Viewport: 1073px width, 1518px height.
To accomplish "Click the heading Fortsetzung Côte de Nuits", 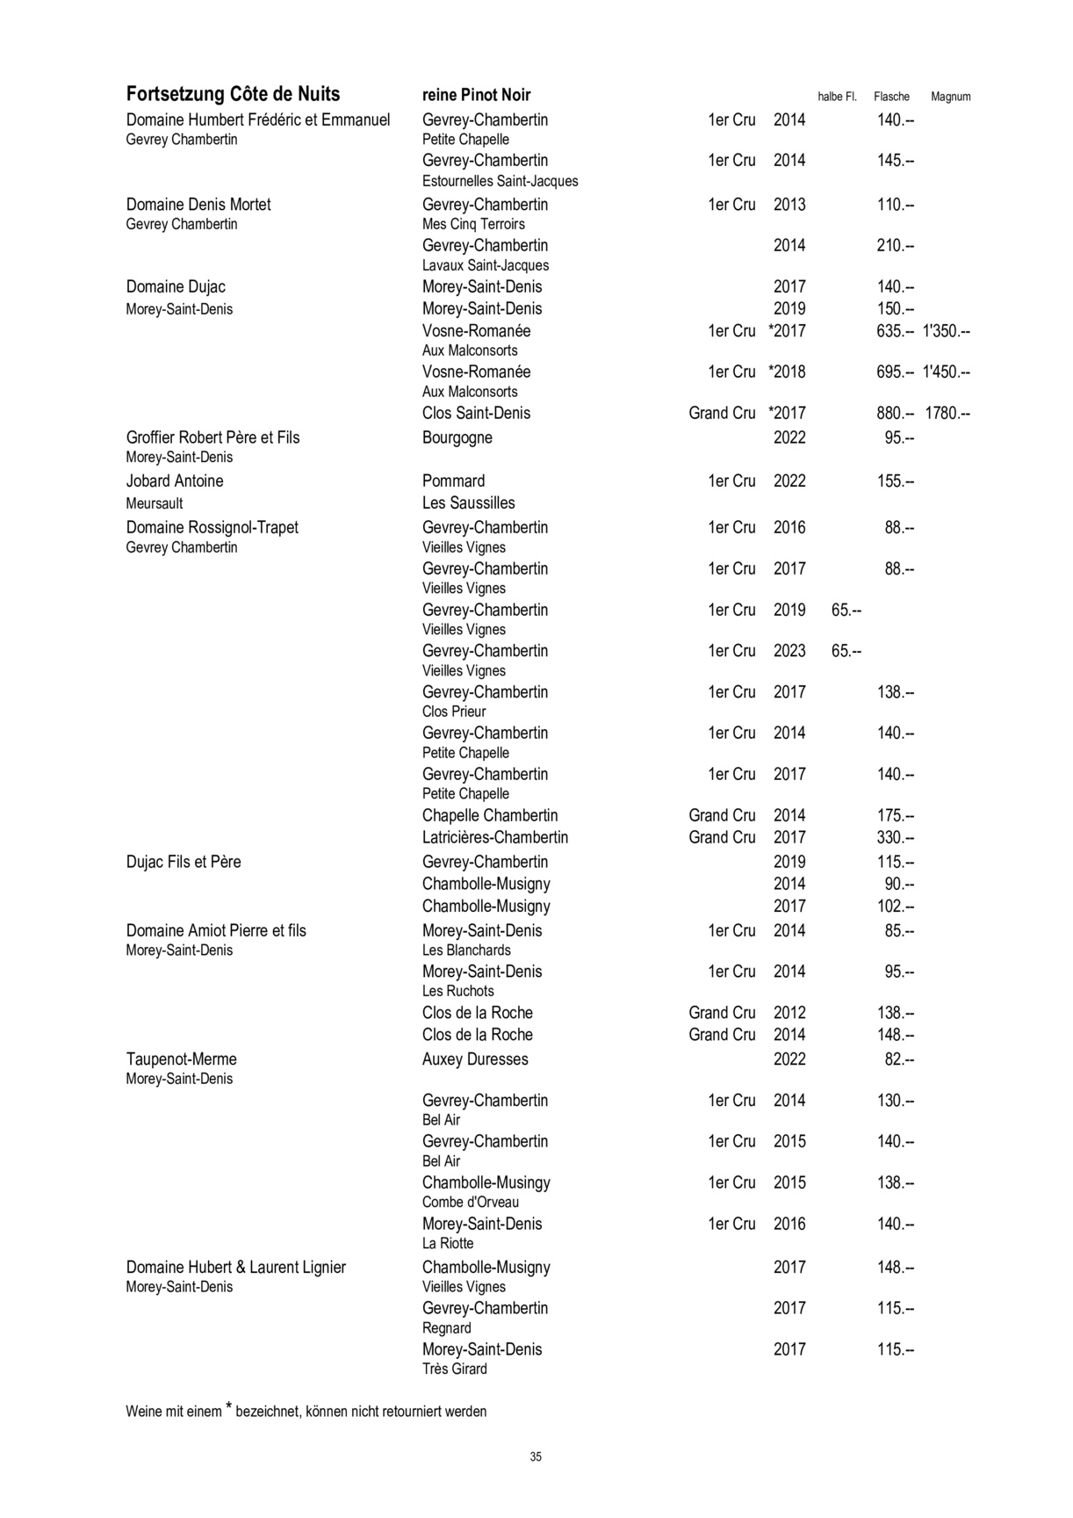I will [233, 95].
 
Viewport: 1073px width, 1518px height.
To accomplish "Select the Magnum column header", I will [950, 97].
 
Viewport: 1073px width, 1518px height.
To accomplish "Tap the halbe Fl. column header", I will [837, 97].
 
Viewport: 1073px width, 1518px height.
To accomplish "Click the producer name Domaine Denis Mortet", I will [198, 205].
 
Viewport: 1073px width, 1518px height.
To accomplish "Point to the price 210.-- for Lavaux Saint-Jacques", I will [895, 246].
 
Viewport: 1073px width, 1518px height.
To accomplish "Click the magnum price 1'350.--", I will [946, 331].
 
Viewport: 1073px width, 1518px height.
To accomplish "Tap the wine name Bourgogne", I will [457, 438].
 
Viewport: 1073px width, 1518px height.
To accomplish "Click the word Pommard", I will [453, 481].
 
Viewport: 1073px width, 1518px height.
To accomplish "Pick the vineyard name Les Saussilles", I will [468, 503].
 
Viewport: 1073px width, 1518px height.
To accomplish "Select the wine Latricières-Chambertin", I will [494, 838].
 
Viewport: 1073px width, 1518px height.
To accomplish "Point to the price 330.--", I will [895, 838].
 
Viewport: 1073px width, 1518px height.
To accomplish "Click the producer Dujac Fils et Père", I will [184, 863].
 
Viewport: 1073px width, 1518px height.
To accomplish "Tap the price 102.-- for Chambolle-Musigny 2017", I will [895, 907].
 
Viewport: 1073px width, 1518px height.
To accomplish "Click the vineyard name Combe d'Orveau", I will [470, 1203].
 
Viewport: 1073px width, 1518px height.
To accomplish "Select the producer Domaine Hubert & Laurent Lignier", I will [235, 1268].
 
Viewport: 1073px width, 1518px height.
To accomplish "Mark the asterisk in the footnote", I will [228, 1408].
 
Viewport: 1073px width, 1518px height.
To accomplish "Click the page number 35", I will [536, 1457].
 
